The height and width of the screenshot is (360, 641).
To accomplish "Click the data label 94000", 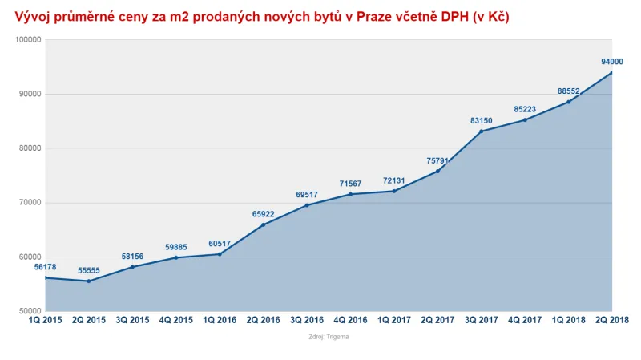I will point(611,62).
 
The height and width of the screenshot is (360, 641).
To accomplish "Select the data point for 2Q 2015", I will point(89,281).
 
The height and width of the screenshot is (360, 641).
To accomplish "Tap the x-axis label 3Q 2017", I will point(481,320).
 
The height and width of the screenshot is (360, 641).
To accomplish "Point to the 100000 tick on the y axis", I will point(29,39).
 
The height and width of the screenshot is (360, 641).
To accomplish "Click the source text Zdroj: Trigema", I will point(329,337).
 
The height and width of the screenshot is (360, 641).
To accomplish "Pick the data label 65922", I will point(264,214).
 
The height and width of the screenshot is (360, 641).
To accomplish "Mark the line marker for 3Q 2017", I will point(481,131).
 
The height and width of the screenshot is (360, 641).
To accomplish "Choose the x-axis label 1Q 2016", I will point(220,320).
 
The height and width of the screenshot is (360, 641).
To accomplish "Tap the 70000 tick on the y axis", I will point(30,203).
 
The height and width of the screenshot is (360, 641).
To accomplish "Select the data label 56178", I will point(45,267).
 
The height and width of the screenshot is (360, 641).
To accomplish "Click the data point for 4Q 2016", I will point(350,194).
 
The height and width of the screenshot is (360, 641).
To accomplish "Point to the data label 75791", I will point(437,160).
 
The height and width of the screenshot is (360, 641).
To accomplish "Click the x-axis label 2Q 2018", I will point(611,320).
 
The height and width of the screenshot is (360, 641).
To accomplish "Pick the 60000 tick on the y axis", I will point(30,257).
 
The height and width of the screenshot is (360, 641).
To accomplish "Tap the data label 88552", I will point(568,91).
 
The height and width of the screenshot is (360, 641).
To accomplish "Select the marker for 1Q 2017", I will point(394,191).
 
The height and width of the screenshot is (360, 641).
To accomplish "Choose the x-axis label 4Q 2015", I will point(176,320).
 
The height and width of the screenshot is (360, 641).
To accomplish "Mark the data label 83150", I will point(481,121).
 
